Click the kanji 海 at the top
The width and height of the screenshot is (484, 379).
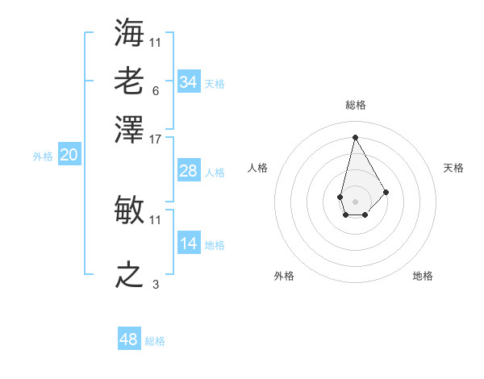coord(130,33)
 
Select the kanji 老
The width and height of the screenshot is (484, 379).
coord(130,81)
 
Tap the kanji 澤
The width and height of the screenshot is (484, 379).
coord(130,129)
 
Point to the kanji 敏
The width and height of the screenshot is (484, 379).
coord(130,210)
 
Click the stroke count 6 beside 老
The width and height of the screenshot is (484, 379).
coord(155,90)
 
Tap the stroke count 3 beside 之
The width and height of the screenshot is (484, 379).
coord(155,284)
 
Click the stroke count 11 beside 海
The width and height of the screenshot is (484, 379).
coord(156,42)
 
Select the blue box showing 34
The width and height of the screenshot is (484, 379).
coord(188,82)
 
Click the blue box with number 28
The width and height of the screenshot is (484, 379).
coord(188,171)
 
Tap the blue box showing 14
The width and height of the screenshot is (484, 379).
coord(188,244)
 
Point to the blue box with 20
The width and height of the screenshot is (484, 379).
coord(69,156)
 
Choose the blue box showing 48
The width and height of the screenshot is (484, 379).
coord(128,339)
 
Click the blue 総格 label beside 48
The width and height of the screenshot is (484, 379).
coord(155,341)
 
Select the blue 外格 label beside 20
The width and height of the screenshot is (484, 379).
coord(42,157)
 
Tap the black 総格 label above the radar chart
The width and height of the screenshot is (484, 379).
coord(355,105)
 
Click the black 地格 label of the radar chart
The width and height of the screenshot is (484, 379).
coord(423,276)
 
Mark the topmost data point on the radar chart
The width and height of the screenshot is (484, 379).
coord(355,136)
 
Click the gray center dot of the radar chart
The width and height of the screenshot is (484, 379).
coord(355,201)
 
